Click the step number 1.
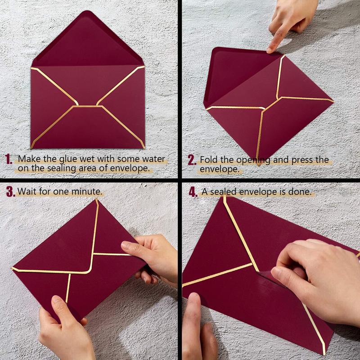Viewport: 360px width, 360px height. (x=9, y=159)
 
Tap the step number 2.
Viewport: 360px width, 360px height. (x=192, y=160)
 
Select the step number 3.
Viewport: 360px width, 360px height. (x=10, y=191)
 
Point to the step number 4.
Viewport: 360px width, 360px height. (x=193, y=192)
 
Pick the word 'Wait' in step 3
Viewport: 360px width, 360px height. (x=27, y=191)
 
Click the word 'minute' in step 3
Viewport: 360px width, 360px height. (x=87, y=191)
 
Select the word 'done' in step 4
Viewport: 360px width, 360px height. (x=301, y=192)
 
